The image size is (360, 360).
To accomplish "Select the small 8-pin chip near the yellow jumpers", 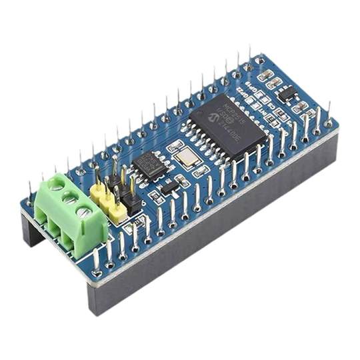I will tap(151, 165).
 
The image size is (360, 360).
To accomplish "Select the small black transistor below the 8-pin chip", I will tap(168, 186).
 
